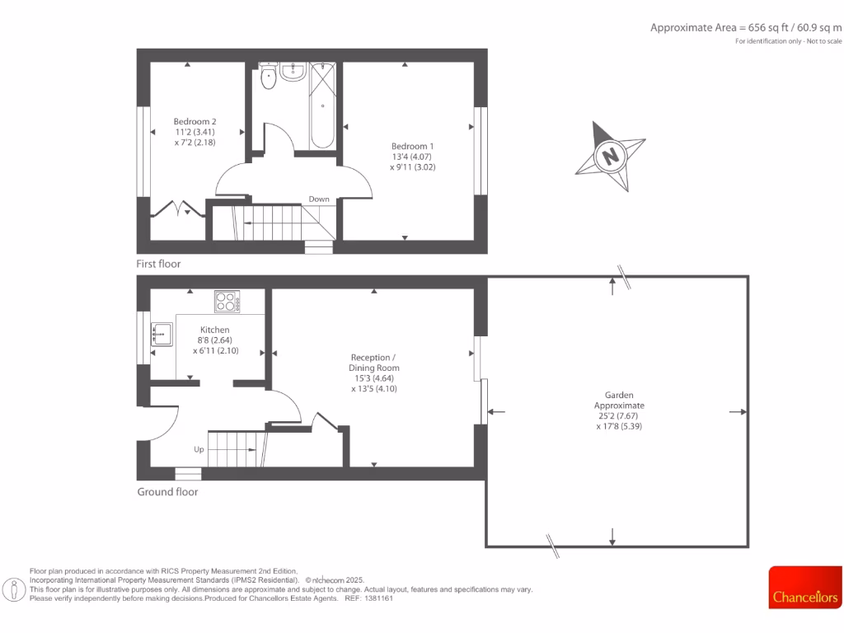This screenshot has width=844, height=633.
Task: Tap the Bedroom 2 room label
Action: pyautogui.click(x=195, y=132)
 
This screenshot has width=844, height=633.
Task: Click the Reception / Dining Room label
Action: pyautogui.click(x=374, y=373)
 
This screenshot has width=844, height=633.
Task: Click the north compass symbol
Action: pyautogui.click(x=610, y=155)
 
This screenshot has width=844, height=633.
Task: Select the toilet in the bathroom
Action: pyautogui.click(x=268, y=77)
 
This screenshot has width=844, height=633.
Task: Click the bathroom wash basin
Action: pyautogui.click(x=293, y=73)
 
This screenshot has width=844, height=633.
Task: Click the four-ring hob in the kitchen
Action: pyautogui.click(x=227, y=302)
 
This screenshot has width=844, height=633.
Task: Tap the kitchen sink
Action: pyautogui.click(x=162, y=335)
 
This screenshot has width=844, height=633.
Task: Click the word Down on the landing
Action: pyautogui.click(x=319, y=199)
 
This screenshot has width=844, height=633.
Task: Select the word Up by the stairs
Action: pyautogui.click(x=199, y=450)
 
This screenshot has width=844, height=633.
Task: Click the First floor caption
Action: pyautogui.click(x=158, y=264)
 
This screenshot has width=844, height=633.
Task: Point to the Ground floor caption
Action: pyautogui.click(x=167, y=492)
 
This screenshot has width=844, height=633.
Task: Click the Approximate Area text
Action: pyautogui.click(x=745, y=27)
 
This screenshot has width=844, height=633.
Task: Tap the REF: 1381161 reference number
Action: pyautogui.click(x=373, y=598)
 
